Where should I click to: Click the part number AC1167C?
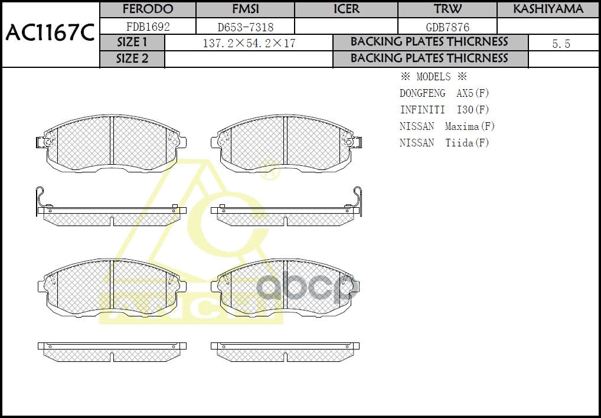pyautogui.click(x=50, y=34)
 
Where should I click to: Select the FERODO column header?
pyautogui.click(x=148, y=9)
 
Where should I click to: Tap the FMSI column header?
pyautogui.click(x=244, y=9)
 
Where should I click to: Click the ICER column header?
pyautogui.click(x=346, y=9)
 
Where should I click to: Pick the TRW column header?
pyautogui.click(x=448, y=9)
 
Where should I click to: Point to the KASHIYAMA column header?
pyautogui.click(x=548, y=9)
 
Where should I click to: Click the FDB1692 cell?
pyautogui.click(x=148, y=27)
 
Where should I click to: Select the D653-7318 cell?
pyautogui.click(x=244, y=27)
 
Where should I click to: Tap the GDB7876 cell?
pyautogui.click(x=448, y=27)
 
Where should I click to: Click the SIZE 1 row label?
pyautogui.click(x=132, y=43)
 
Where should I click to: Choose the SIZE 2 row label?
pyautogui.click(x=132, y=59)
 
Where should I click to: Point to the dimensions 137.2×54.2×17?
pyautogui.click(x=249, y=43)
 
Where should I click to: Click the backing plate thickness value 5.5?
pyautogui.click(x=561, y=44)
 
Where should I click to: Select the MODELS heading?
pyautogui.click(x=433, y=77)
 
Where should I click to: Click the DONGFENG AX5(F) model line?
pyautogui.click(x=444, y=93)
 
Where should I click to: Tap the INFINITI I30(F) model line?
pyautogui.click(x=444, y=110)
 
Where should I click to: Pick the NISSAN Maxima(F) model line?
pyautogui.click(x=447, y=126)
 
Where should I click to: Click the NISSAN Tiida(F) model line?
pyautogui.click(x=444, y=143)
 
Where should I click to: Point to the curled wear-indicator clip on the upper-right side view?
pyautogui.click(x=357, y=197)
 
